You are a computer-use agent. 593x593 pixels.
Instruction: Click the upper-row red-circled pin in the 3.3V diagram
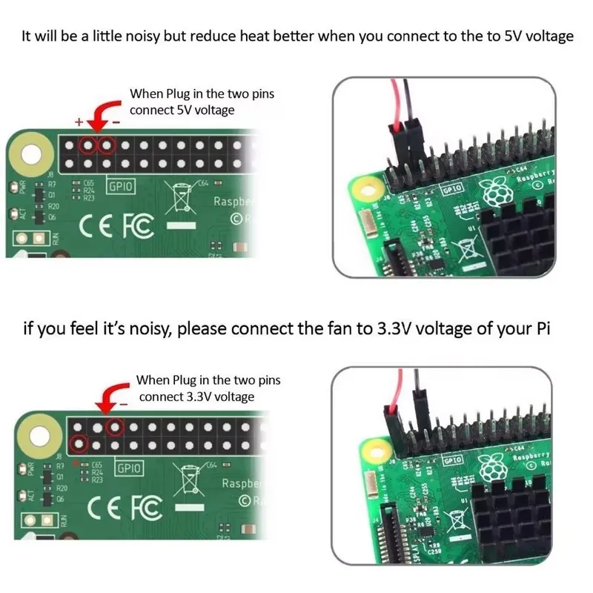[114, 426]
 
